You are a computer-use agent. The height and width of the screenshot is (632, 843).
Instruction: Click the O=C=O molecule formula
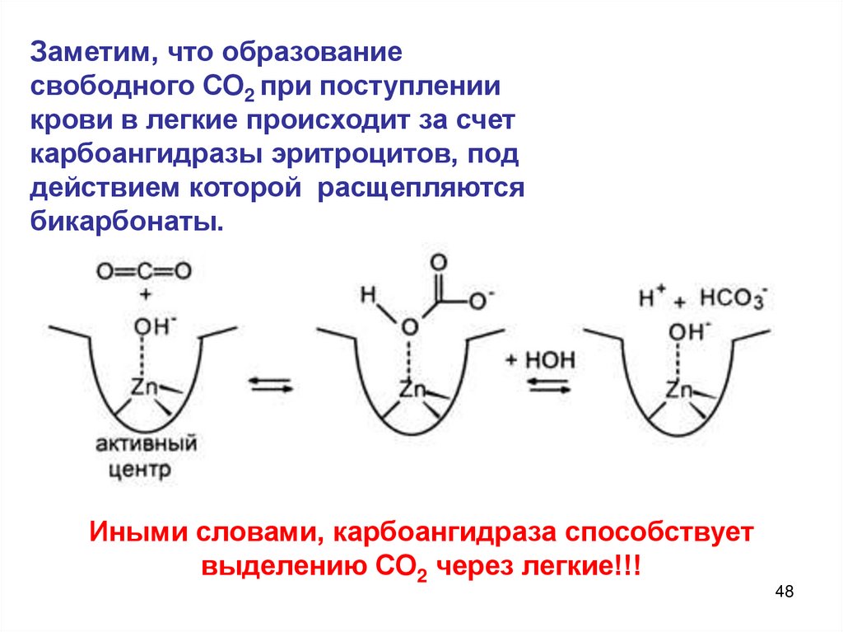tap(143, 271)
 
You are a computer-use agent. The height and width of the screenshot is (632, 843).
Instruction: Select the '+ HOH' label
tap(543, 359)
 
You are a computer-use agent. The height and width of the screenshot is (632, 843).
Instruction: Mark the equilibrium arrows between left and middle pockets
tap(271, 386)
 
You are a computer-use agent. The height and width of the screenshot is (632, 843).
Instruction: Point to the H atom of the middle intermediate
tap(367, 293)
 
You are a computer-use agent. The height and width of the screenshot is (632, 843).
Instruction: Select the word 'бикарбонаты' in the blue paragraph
tap(128, 222)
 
